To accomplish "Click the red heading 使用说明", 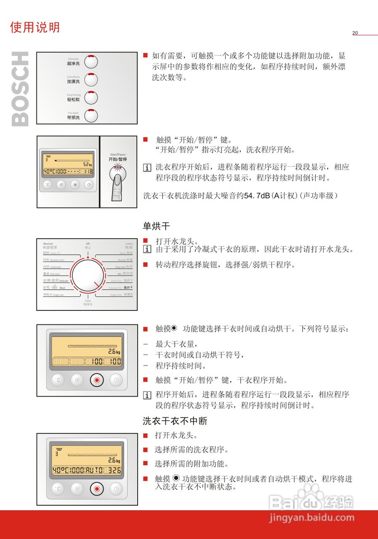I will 35,27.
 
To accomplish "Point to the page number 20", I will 355,33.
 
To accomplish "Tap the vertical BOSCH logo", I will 20,89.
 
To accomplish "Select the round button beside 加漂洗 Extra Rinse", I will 91,79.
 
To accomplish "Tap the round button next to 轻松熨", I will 91,97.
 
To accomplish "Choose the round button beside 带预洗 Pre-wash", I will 91,115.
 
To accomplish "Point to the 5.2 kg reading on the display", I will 87,164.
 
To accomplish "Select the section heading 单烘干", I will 156,227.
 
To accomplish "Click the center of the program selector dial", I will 88,276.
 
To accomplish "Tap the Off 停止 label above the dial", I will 88,246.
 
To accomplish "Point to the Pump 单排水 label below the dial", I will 88,302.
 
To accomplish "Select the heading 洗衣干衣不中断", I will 175,421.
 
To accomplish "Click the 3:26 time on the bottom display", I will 114,470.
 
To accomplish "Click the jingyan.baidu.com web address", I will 312,518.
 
